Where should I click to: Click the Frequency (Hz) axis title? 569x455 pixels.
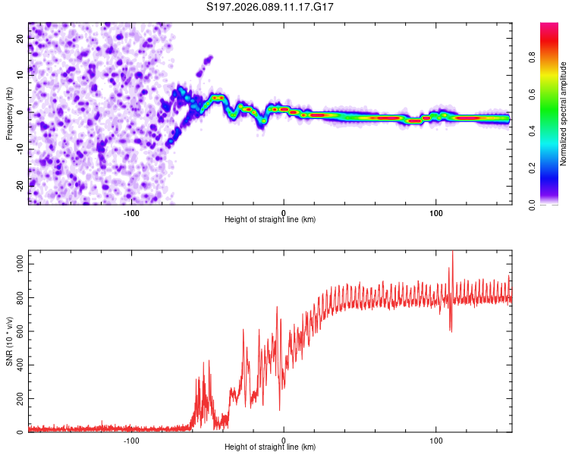pyautogui.click(x=9, y=114)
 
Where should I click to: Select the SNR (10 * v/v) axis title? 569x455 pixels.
pyautogui.click(x=9, y=341)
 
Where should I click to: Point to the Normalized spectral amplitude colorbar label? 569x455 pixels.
pyautogui.click(x=563, y=114)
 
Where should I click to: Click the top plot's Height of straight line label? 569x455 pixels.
pyautogui.click(x=270, y=220)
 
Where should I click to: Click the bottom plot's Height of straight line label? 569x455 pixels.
pyautogui.click(x=270, y=447)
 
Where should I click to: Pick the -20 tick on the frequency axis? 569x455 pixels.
pyautogui.click(x=19, y=185)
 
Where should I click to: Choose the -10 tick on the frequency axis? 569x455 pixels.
pyautogui.click(x=19, y=149)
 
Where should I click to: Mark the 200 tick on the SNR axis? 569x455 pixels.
pyautogui.click(x=18, y=399)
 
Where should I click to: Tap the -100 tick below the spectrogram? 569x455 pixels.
pyautogui.click(x=131, y=212)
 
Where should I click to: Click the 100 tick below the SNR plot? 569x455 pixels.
pyautogui.click(x=436, y=440)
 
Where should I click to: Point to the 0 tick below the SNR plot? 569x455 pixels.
pyautogui.click(x=284, y=440)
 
